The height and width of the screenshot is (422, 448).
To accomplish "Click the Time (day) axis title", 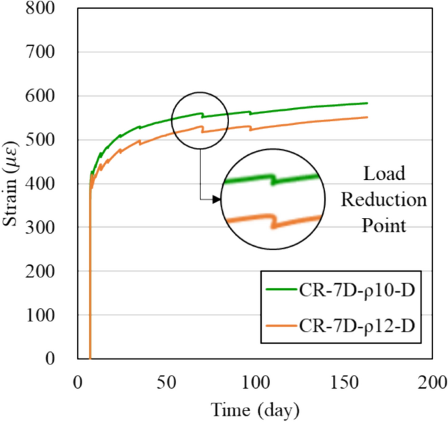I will click(255, 410).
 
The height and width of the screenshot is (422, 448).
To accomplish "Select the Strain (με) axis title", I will click(12, 183).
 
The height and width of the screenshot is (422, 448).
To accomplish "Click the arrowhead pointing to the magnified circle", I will click(216, 199).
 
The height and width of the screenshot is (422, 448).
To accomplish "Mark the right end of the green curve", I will click(368, 103).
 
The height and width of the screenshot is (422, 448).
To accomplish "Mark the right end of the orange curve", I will click(368, 117).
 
